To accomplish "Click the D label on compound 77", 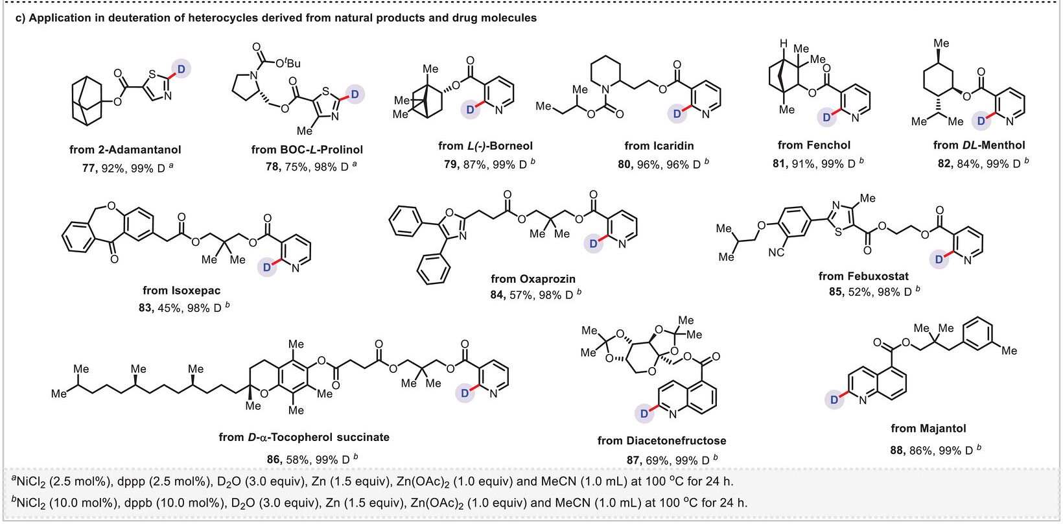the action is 181,69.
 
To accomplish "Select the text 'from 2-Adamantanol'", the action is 125,150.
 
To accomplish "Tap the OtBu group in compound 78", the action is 288,63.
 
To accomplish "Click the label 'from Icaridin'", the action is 659,146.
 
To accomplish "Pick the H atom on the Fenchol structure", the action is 784,44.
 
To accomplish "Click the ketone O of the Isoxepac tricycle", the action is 114,259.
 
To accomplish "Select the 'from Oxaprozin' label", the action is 533,279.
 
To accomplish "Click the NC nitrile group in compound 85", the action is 777,252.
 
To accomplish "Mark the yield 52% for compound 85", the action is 860,292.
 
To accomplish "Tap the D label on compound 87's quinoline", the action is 644,414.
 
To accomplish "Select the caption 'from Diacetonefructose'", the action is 662,440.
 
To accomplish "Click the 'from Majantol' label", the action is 928,429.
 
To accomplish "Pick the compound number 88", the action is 896,450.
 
